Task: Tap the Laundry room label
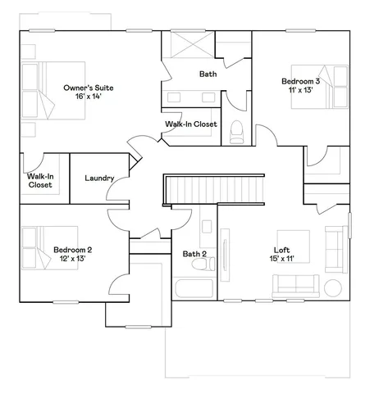(x=99, y=178)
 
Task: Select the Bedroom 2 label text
(x=72, y=249)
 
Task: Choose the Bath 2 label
(x=194, y=254)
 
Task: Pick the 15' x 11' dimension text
(x=282, y=259)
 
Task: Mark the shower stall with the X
(x=189, y=44)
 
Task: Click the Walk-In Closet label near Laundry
(x=40, y=180)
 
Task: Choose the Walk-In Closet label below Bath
(x=190, y=124)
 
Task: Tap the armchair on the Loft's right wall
(x=336, y=242)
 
